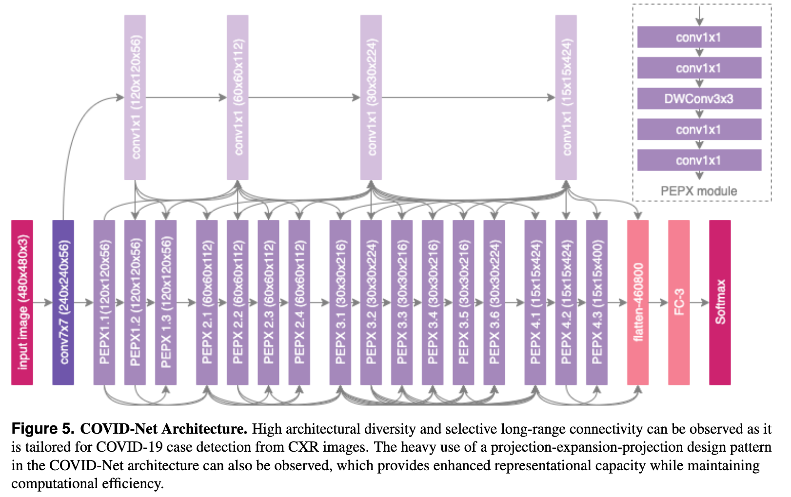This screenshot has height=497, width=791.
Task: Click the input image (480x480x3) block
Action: coord(22,302)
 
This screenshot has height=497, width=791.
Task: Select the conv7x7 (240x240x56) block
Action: coord(63,302)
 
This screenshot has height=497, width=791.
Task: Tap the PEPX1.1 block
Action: coord(104,302)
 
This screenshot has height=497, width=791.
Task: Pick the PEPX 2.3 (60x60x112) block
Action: coord(268,302)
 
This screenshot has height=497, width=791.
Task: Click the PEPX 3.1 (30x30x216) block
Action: coord(340,302)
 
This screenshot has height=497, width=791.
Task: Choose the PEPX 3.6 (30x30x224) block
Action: coord(494,302)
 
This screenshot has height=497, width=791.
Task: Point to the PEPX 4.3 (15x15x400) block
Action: coord(596,302)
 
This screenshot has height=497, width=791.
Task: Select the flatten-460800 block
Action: coord(638,302)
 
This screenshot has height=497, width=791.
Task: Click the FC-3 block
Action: coord(679,302)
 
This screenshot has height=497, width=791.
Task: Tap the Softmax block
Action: coord(720,302)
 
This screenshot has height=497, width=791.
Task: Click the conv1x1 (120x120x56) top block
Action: coord(135,97)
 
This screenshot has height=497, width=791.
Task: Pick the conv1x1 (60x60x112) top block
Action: coord(237,97)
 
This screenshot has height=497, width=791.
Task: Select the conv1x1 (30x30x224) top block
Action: coord(371,97)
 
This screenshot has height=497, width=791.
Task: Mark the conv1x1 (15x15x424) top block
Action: coord(566,97)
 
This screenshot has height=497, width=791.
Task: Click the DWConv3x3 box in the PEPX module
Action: coord(699,99)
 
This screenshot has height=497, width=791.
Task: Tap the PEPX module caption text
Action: coord(699,191)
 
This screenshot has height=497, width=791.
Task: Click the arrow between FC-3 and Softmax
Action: coord(699,303)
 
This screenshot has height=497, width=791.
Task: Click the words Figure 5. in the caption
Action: coord(43,429)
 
